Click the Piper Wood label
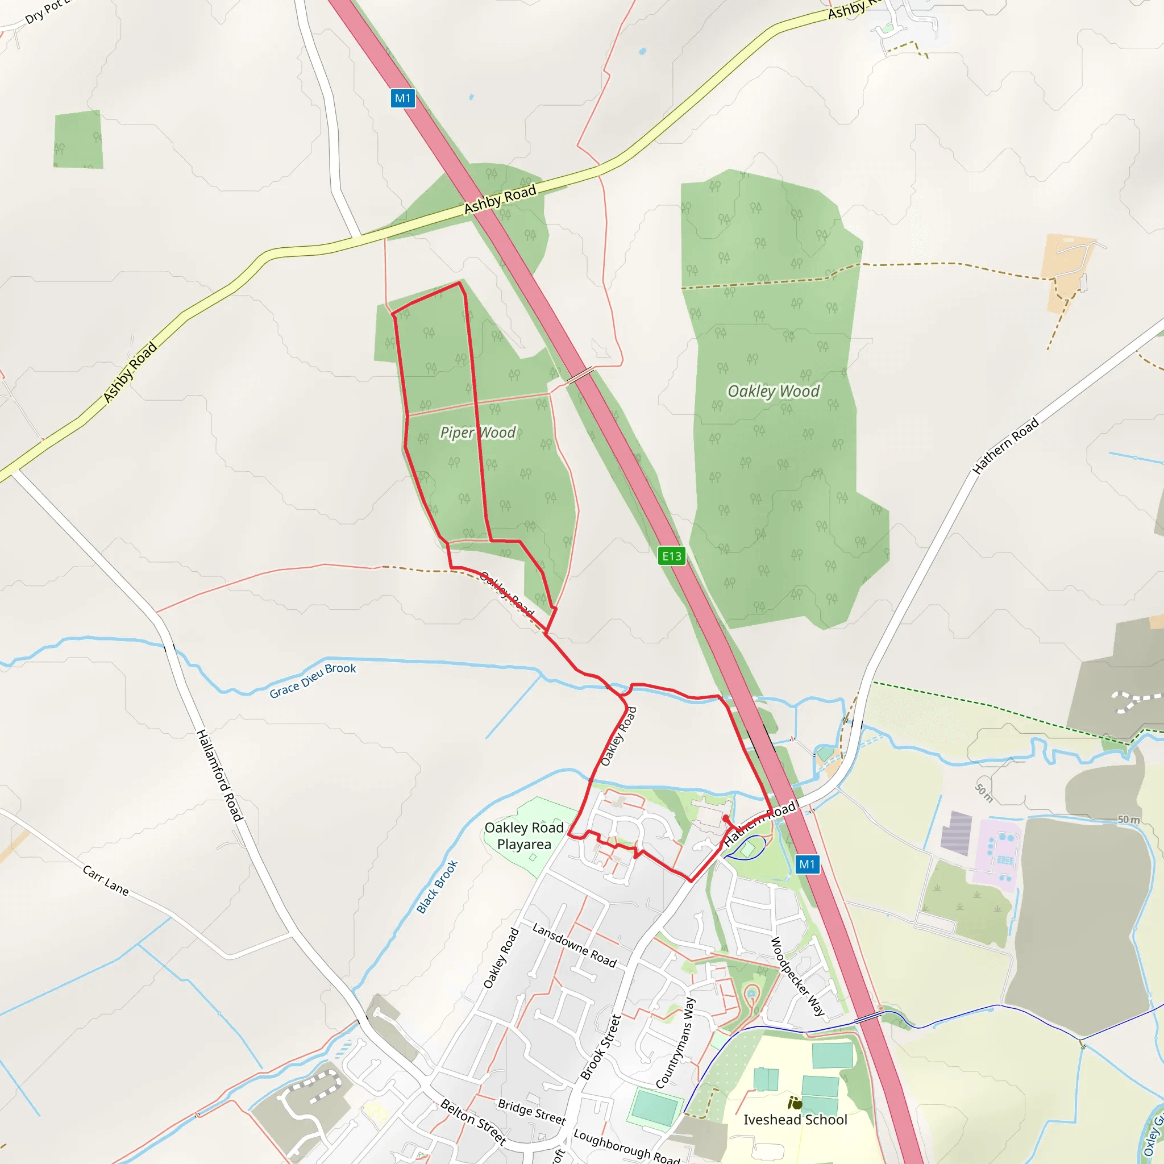pos(478,433)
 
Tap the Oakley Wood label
pos(774,392)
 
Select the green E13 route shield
pos(671,556)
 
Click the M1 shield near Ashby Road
pos(402,98)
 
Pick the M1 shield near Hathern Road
pos(807,864)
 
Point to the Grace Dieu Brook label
pos(313,680)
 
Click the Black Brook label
pos(438,887)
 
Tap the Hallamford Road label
pos(219,775)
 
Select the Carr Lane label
pos(106,881)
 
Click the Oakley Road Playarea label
pos(524,836)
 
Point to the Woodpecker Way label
pos(797,976)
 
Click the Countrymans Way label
pos(675,1042)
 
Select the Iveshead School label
pos(795,1120)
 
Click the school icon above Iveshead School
pos(795,1103)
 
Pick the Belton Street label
pos(473,1122)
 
